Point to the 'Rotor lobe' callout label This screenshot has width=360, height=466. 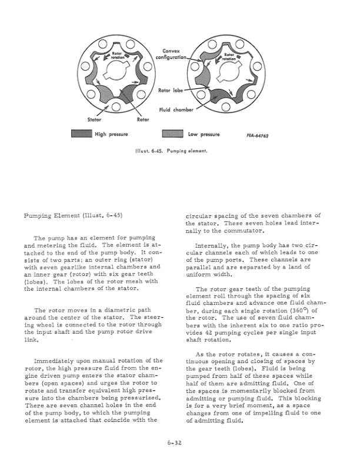(172, 90)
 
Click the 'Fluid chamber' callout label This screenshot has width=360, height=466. (176, 110)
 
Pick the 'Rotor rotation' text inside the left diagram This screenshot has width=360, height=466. (117, 56)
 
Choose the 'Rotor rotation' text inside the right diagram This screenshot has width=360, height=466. (229, 57)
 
